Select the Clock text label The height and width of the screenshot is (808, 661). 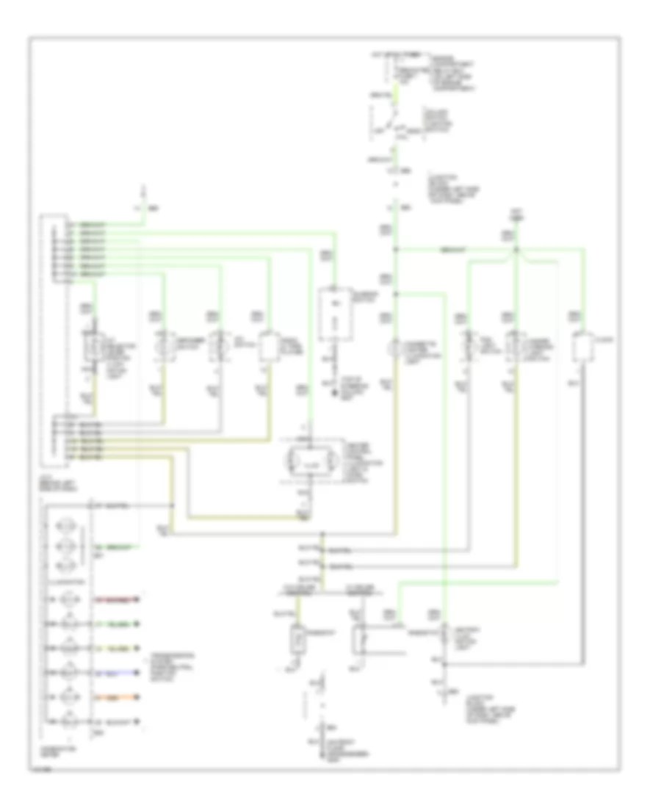pos(607,339)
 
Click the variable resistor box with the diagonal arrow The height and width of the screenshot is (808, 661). pos(360,639)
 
